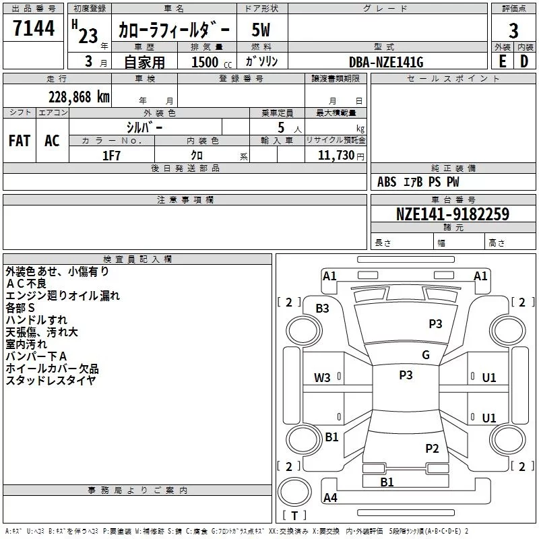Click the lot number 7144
pos(34,28)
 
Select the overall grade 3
pos(513,30)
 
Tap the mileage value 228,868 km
pos(79,97)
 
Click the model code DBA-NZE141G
pos(386,62)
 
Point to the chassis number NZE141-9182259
pos(452,214)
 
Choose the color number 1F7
pos(111,156)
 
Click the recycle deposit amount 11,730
pos(336,156)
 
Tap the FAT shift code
pos(20,141)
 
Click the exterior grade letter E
pos(502,61)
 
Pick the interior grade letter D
pos(524,61)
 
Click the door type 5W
pos(261,30)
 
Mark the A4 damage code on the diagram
pos(330,497)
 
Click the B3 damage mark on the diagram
pos(323,309)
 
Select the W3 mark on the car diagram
pos(322,378)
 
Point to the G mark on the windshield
pos(426,355)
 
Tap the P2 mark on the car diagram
pos(432,448)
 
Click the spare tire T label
pos(294,515)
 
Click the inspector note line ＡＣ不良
pos(26,284)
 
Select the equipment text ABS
pos(387,182)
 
